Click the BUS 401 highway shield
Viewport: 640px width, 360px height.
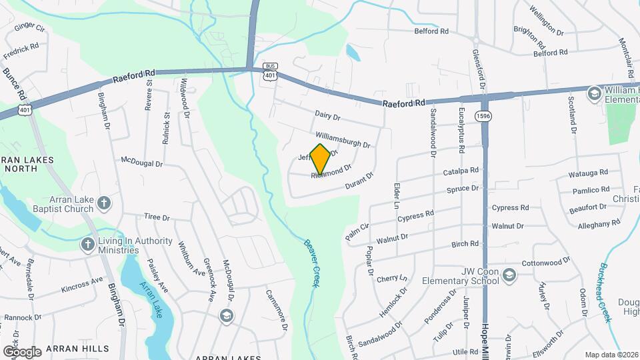point(270,71)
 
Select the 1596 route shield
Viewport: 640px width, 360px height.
point(483,116)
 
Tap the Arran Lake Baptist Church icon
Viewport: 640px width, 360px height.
point(103,202)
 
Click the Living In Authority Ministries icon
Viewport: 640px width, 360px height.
point(87,244)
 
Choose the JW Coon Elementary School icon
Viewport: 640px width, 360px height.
point(509,275)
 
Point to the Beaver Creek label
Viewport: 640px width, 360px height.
point(309,263)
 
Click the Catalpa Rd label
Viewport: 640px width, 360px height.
point(461,172)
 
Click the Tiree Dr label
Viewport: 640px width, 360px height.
point(157,217)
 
